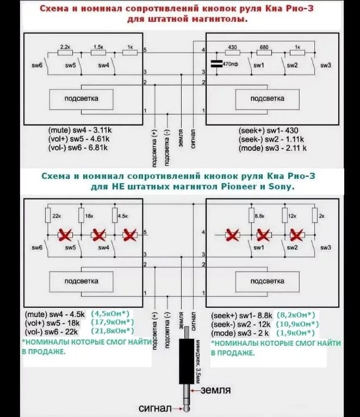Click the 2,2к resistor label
click(66, 47)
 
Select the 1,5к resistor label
click(98, 47)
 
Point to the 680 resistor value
click(264, 47)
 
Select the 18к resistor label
click(89, 215)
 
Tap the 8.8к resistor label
click(259, 215)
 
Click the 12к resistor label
click(293, 215)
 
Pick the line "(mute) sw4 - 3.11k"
click(79, 130)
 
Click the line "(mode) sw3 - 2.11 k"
click(272, 147)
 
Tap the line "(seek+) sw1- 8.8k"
click(241, 315)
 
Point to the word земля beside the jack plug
click(216, 390)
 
